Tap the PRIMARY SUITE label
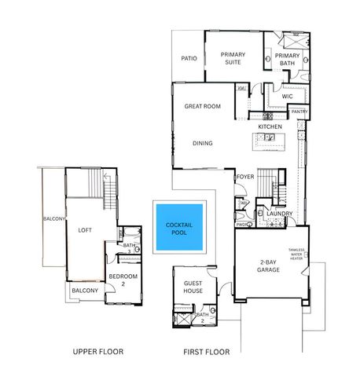tap(233, 59)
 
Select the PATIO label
tap(189, 57)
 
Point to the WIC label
tap(287, 97)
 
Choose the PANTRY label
tap(299, 112)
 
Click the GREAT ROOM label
tap(202, 106)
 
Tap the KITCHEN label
tap(270, 126)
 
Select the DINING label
tap(204, 144)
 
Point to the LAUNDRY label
tap(280, 214)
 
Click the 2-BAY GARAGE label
tap(270, 268)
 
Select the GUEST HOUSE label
tap(193, 287)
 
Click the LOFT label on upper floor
tap(85, 231)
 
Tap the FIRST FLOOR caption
tap(206, 352)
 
